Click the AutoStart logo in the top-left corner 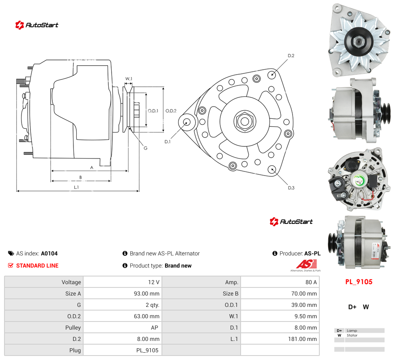(x=37, y=25)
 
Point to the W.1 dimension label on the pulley (x=129, y=79)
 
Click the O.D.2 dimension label (x=171, y=111)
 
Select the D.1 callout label (x=167, y=141)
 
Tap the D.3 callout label (x=291, y=188)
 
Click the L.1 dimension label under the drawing (x=76, y=187)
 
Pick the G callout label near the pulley (x=146, y=148)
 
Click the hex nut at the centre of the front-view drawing (x=245, y=121)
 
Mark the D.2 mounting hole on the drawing (x=271, y=75)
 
